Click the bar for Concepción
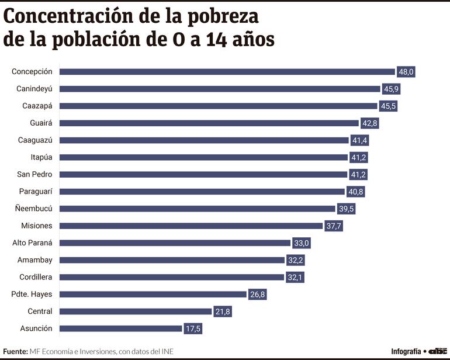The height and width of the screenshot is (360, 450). tap(228, 72)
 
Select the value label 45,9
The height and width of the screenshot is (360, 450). tap(390, 89)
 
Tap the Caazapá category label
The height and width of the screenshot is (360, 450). tap(37, 106)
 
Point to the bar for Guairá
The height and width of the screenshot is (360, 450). tap(209, 123)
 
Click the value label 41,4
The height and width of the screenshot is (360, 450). tap(360, 140)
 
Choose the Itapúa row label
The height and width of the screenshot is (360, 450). tap(41, 157)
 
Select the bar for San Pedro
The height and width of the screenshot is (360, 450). tap(203, 175)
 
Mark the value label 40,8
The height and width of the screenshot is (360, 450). tap(355, 192)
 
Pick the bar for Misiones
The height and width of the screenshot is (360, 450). tap(191, 226)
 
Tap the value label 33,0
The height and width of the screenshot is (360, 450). tap(300, 243)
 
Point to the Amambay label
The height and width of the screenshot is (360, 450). tap(35, 260)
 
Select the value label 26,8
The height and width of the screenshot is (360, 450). tap(257, 295)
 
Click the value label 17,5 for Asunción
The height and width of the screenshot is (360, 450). tap(192, 328)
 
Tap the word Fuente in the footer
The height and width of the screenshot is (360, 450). tap(15, 351)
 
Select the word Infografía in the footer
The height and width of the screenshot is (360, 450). tap(406, 351)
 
